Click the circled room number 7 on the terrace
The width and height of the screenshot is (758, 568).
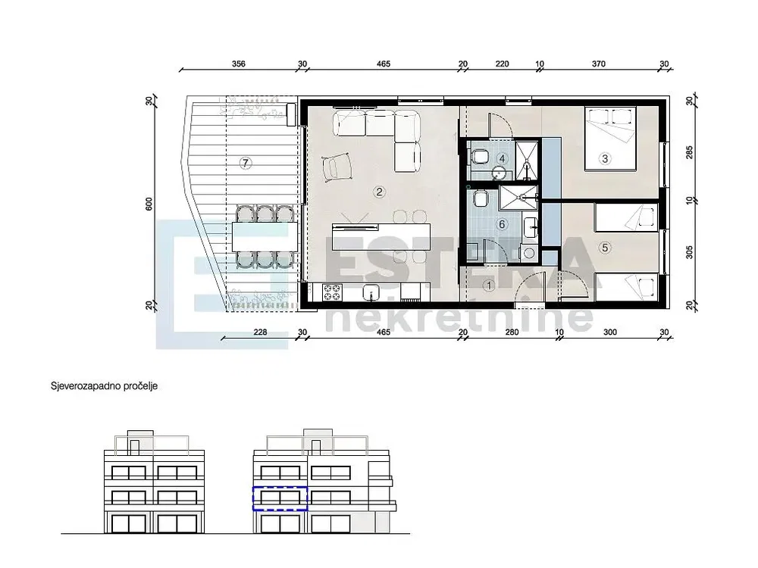click(x=246, y=164)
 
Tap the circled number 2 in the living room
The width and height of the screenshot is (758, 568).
click(x=380, y=192)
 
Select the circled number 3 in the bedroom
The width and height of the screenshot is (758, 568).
click(x=604, y=158)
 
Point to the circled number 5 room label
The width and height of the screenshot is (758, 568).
click(x=605, y=248)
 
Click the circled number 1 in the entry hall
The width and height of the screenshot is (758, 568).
click(x=489, y=286)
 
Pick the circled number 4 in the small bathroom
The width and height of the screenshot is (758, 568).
click(x=503, y=158)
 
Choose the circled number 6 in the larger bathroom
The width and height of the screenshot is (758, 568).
click(x=502, y=224)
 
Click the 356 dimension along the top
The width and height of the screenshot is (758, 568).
click(x=239, y=64)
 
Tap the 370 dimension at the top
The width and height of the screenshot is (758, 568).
click(x=599, y=64)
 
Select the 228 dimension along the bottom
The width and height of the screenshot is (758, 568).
click(x=260, y=332)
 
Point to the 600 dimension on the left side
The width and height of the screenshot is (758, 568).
click(x=149, y=204)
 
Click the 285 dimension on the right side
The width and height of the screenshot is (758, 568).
click(x=689, y=152)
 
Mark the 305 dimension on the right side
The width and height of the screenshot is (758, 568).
click(x=689, y=252)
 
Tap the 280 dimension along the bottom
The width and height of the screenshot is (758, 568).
click(x=512, y=332)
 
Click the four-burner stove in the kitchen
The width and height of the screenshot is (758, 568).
click(x=332, y=292)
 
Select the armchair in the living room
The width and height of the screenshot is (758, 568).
click(x=336, y=167)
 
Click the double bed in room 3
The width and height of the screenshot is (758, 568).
click(x=610, y=139)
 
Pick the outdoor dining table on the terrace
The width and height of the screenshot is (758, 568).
click(x=265, y=236)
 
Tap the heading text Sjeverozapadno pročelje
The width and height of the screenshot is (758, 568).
click(x=105, y=386)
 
